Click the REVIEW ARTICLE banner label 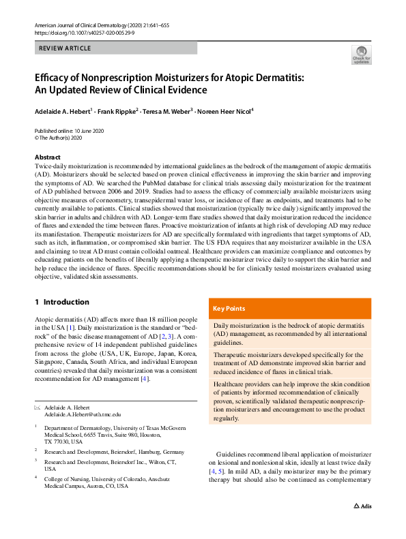point(65,48)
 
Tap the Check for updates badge point(361,55)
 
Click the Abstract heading point(48,157)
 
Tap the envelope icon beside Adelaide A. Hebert point(38,407)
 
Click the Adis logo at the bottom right point(361,525)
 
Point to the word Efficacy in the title point(55,78)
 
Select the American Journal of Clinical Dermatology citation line point(97,24)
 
